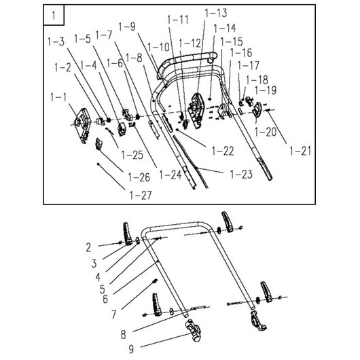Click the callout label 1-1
coord(58,98)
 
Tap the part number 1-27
coord(141,196)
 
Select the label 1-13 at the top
coord(216,13)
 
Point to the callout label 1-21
coord(300,151)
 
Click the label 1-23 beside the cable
coord(242,175)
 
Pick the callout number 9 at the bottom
coord(131,349)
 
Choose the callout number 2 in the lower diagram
coord(88,248)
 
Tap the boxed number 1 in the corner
coord(54,16)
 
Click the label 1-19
coord(266,90)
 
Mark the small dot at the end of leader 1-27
coord(98,164)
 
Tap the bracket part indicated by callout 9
coord(194,330)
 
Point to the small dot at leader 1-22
coord(177,130)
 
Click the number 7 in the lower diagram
coord(114,314)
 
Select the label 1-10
coord(158,48)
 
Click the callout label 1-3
coord(56,42)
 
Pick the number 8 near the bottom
coord(124,335)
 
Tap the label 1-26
coord(139,177)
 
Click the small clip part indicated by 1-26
coord(98,144)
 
